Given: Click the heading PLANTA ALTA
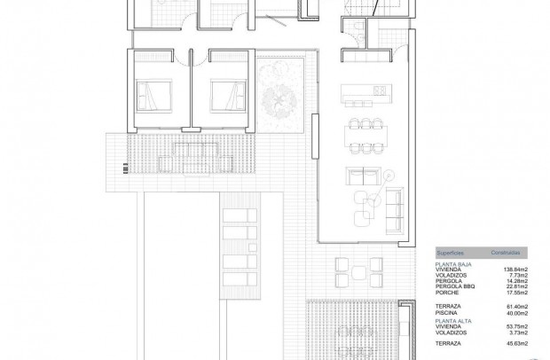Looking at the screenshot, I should point(452,319).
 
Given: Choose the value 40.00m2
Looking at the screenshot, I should point(517,312).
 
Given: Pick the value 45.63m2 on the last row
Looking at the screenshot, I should point(517,342).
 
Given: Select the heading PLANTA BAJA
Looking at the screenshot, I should point(452,262).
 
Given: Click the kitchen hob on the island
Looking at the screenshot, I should point(379,90).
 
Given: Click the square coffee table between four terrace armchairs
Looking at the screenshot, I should point(358,271).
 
